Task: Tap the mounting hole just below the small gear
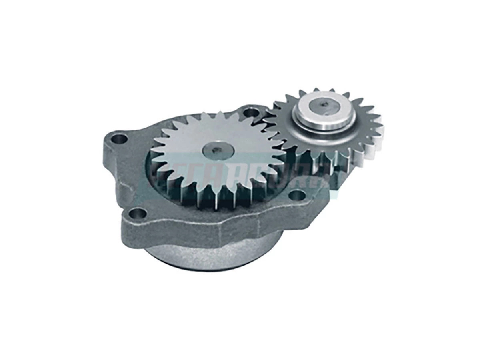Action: [296, 195]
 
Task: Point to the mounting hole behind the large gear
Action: [250, 113]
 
